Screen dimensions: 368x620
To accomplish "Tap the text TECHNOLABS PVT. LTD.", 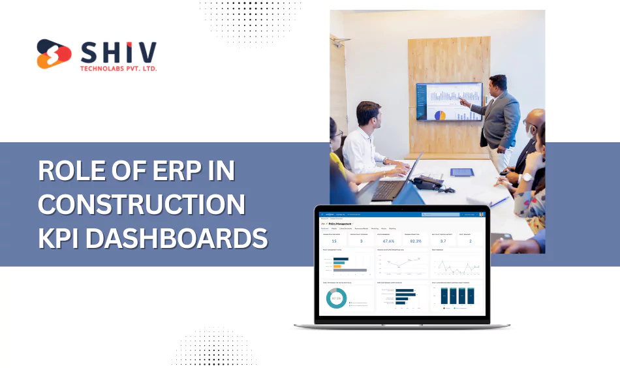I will pos(117,67).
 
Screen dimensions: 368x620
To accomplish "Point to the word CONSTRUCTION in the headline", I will pos(142,205).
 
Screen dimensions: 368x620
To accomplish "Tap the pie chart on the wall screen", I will pos(440,115).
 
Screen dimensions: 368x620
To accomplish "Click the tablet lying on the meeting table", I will pos(462,172).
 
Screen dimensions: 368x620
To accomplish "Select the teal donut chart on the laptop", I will pos(336,298).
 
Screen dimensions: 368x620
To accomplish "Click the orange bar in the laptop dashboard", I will pos(337,266).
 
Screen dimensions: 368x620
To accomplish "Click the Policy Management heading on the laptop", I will pos(346,222).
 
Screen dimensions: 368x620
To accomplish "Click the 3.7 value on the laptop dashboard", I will pos(442,241).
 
